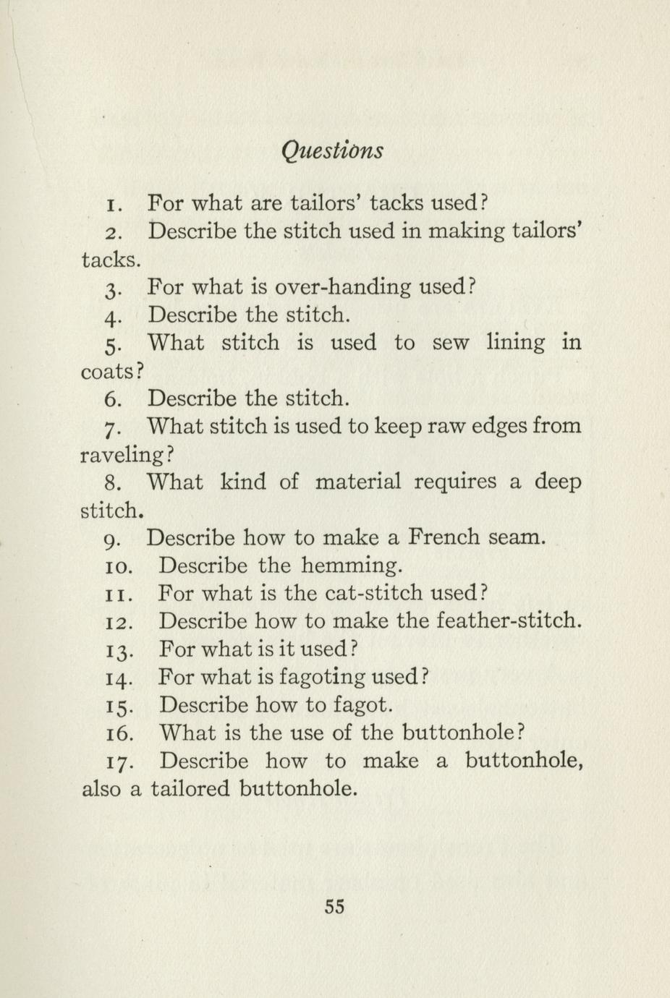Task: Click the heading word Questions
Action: [x=331, y=150]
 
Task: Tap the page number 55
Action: [x=334, y=906]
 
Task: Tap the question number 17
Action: [x=117, y=762]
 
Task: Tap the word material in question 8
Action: [x=357, y=482]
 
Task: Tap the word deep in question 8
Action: [x=558, y=483]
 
